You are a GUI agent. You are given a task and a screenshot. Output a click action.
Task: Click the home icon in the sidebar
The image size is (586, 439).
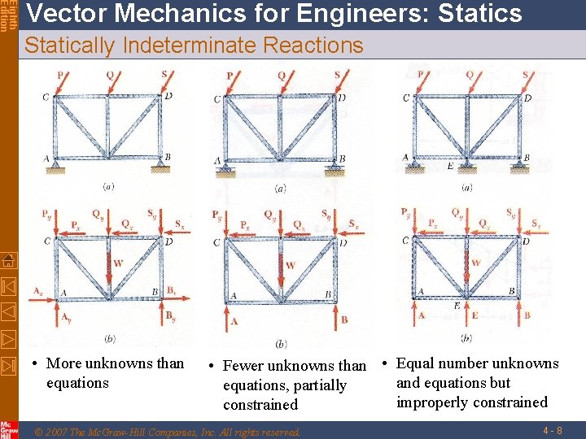coord(9,261)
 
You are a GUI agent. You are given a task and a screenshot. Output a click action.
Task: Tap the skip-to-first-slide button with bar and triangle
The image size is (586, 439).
coord(9,286)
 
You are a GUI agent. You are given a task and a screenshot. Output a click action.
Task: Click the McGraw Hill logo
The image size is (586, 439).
coord(9,428)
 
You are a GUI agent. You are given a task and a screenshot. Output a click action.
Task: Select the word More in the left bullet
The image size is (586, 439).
coord(64,363)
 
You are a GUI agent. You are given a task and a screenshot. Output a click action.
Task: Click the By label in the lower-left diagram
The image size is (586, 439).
coord(172,316)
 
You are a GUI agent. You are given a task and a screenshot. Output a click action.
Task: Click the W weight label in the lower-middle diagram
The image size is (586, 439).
coord(291,265)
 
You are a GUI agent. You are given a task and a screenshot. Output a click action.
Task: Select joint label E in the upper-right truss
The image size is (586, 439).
coord(451,165)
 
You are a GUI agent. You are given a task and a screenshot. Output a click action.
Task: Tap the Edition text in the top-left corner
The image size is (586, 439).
coord(11,16)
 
